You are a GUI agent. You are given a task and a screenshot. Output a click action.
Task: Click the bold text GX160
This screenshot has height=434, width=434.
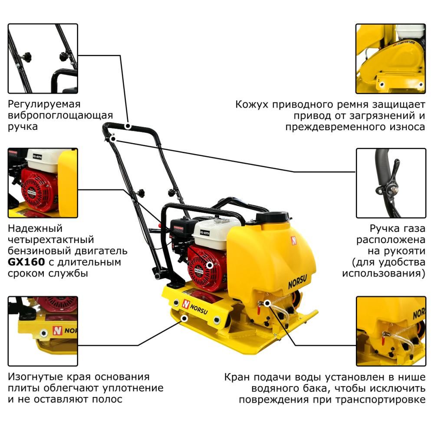[26, 262]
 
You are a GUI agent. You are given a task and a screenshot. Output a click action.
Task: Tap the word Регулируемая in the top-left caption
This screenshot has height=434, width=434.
[44, 104]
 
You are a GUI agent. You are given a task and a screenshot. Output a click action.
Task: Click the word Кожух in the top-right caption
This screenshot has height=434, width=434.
[252, 105]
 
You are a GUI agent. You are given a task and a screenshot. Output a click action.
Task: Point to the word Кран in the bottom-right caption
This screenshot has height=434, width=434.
[237, 377]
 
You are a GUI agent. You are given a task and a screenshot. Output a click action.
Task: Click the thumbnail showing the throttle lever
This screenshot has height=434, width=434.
[391, 183]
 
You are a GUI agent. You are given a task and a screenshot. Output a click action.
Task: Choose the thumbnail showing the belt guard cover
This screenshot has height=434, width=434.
[391, 59]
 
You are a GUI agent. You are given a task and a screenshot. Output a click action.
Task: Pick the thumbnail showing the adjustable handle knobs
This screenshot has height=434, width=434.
[43, 59]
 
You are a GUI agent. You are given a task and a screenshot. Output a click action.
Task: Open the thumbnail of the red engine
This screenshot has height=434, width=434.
[43, 183]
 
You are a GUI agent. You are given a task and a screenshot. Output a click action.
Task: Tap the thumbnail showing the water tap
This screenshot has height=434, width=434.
[391, 331]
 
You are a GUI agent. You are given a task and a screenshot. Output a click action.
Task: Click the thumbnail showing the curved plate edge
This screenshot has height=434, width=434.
[43, 331]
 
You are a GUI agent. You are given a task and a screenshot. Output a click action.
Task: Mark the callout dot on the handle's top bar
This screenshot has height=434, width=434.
[128, 126]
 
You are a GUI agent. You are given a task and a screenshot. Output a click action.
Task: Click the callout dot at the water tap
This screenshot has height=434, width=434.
[267, 303]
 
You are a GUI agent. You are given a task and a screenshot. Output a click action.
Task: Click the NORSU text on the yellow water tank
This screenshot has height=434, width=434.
[298, 282]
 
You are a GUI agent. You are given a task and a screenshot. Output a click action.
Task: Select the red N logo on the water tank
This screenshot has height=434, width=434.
[294, 240]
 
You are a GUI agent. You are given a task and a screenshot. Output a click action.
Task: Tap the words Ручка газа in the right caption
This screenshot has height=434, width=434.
[397, 229]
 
